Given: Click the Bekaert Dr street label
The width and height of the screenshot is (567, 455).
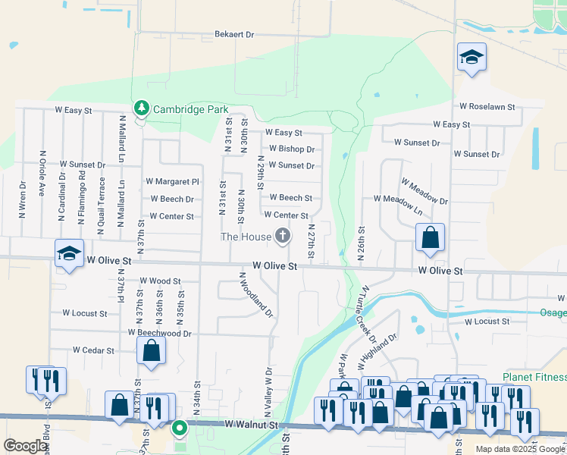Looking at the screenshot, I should click(234, 34).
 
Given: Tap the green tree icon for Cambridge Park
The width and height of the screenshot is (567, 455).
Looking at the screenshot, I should click(141, 109).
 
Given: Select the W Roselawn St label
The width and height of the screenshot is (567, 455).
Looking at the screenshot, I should click(487, 107).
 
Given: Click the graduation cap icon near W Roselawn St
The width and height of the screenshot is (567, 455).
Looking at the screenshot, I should click(471, 58).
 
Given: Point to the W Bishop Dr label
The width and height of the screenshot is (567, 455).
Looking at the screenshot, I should click(292, 149).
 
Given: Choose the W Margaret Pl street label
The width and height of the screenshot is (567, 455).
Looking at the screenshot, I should click(172, 182).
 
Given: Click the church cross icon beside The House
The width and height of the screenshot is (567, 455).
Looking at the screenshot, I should click(283, 237).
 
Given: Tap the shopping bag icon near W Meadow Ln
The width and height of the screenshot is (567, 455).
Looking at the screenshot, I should click(430, 238).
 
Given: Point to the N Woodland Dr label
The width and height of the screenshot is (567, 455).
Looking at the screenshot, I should click(255, 295).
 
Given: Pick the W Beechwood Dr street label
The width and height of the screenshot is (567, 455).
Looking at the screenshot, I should click(160, 333).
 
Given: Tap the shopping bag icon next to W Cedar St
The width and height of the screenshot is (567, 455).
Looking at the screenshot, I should click(151, 351).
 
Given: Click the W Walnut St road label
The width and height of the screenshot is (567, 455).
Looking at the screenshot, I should click(253, 427).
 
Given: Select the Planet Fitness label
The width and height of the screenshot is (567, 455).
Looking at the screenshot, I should click(534, 378).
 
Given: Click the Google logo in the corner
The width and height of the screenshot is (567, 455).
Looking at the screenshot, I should click(25, 446).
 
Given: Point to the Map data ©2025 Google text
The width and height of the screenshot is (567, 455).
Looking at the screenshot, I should click(519, 449).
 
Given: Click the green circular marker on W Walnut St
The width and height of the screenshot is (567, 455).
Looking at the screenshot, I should click(180, 429).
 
